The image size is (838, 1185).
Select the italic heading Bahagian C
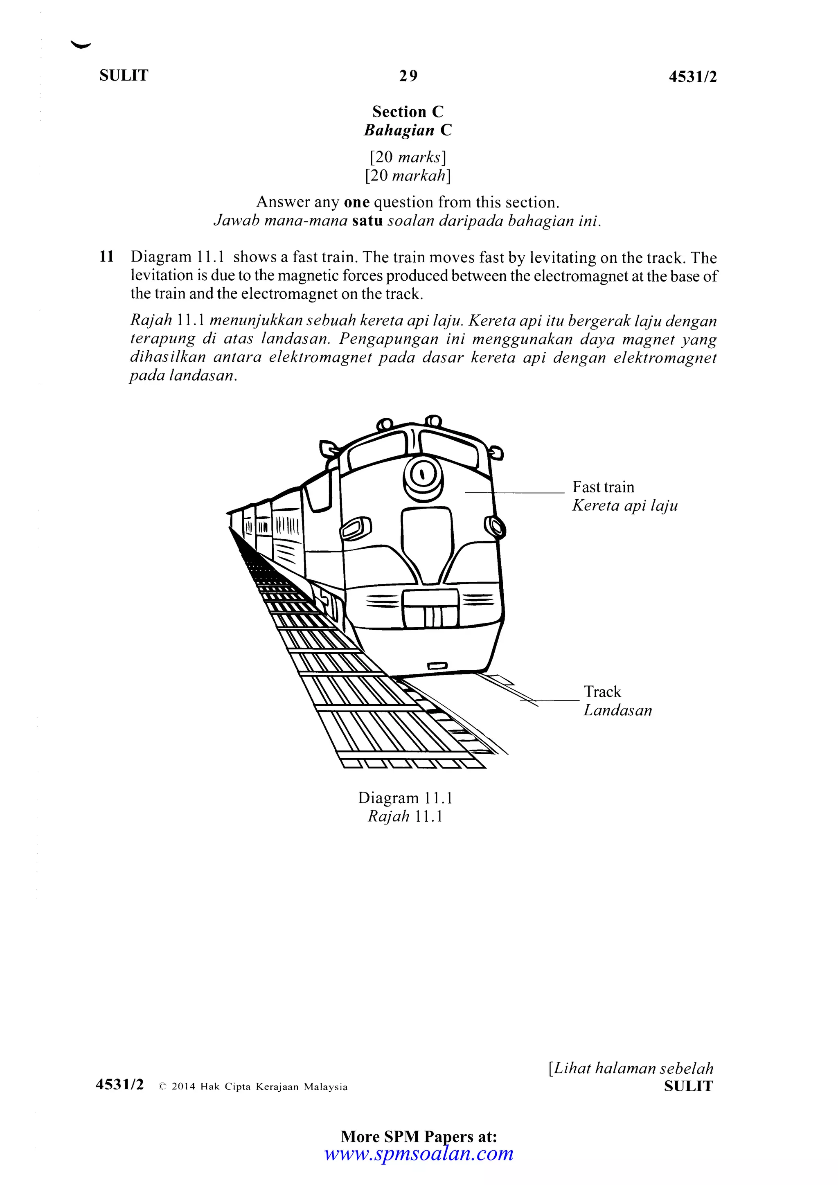tap(408, 130)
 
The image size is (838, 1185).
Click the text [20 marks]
tap(408, 156)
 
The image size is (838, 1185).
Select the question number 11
tap(106, 257)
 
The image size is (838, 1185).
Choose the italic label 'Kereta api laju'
tap(625, 505)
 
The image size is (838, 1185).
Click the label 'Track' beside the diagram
tap(602, 692)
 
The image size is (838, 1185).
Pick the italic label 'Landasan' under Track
tap(618, 711)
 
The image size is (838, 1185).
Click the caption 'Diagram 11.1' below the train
tap(405, 798)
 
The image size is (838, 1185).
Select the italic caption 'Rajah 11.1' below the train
tap(405, 816)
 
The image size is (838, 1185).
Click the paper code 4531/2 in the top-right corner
tap(692, 77)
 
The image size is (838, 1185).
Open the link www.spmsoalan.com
tap(419, 1153)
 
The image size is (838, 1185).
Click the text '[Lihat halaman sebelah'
tap(631, 1068)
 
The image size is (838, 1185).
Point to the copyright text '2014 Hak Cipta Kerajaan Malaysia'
tap(259, 1087)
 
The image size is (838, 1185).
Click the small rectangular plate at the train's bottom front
tap(437, 666)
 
